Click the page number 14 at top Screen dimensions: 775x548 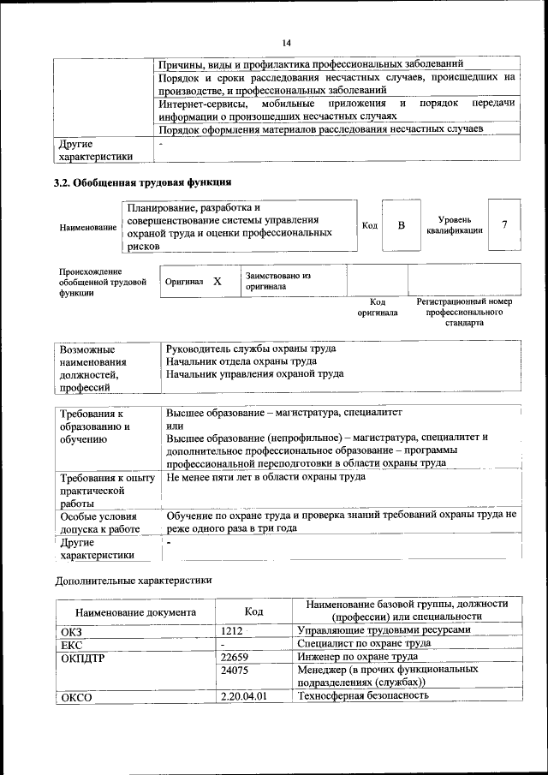pos(286,44)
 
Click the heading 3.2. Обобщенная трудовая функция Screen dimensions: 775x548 pos(142,182)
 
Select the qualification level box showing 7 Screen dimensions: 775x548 pos(504,224)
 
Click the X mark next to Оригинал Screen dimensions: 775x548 pos(217,281)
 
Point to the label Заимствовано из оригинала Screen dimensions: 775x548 pos(278,282)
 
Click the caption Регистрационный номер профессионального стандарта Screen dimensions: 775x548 pos(464,313)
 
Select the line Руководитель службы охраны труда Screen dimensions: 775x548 pos(251,349)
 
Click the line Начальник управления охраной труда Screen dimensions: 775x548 pos(255,373)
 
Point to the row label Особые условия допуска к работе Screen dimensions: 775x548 pos(99,522)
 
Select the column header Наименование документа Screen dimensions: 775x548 pos(135,612)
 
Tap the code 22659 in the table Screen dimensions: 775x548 pos(234,657)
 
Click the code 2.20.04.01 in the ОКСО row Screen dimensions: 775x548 pos(244,696)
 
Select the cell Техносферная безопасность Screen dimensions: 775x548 pos(362,696)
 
